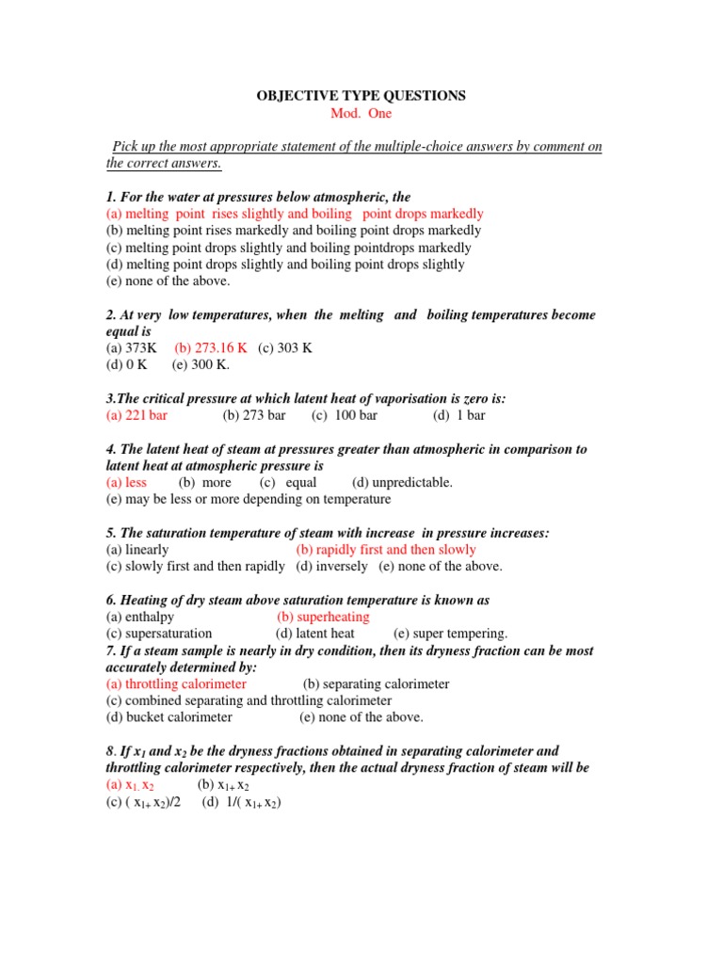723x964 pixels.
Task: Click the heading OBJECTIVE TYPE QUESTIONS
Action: click(361, 96)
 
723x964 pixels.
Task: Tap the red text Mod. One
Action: click(361, 114)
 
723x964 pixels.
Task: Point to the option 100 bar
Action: click(345, 415)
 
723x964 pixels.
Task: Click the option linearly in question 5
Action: click(137, 550)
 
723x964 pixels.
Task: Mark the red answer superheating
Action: click(323, 617)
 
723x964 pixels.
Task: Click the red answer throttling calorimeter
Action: click(176, 684)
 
